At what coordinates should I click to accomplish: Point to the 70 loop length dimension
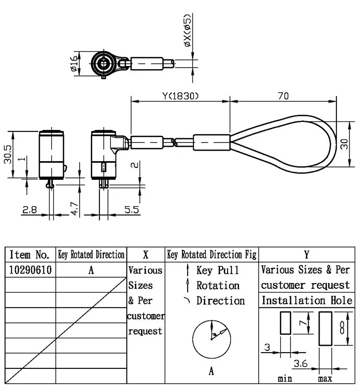click(x=283, y=96)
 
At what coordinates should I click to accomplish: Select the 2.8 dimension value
click(x=29, y=210)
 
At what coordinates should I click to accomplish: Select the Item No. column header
click(x=30, y=255)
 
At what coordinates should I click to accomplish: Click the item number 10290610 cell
click(x=30, y=270)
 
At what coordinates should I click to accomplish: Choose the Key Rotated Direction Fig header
click(x=211, y=255)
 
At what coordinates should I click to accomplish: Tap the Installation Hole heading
click(x=306, y=301)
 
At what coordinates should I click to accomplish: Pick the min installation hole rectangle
click(x=285, y=322)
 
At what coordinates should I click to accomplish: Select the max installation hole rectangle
click(x=325, y=328)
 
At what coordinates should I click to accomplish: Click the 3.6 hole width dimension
click(x=300, y=364)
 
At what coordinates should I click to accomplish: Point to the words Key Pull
click(x=217, y=270)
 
